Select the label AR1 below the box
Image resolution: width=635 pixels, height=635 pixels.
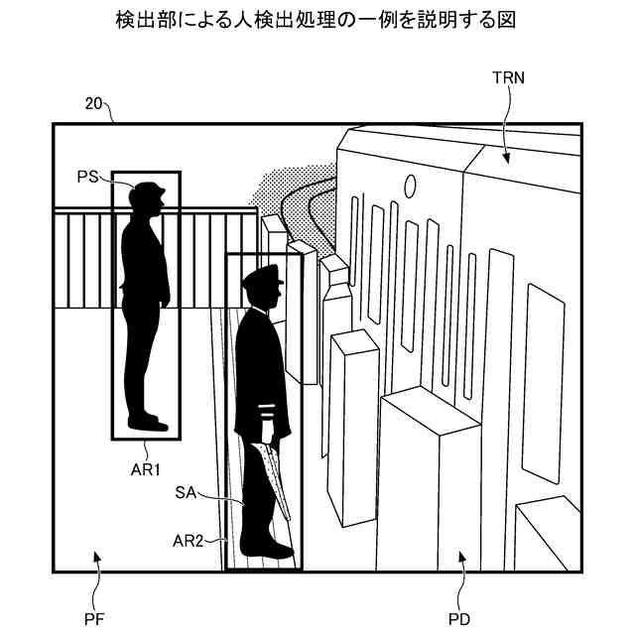tap(146, 469)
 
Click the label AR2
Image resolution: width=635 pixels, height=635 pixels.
tap(188, 541)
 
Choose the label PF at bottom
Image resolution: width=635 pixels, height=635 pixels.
tap(94, 621)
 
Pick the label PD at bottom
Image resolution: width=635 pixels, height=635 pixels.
tap(459, 621)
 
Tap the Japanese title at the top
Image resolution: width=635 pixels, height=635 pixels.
tap(317, 19)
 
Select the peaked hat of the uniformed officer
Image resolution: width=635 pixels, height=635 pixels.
tap(262, 276)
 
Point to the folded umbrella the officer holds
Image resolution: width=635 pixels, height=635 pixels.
tap(273, 482)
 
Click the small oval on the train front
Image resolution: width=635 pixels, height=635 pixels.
tap(409, 186)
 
